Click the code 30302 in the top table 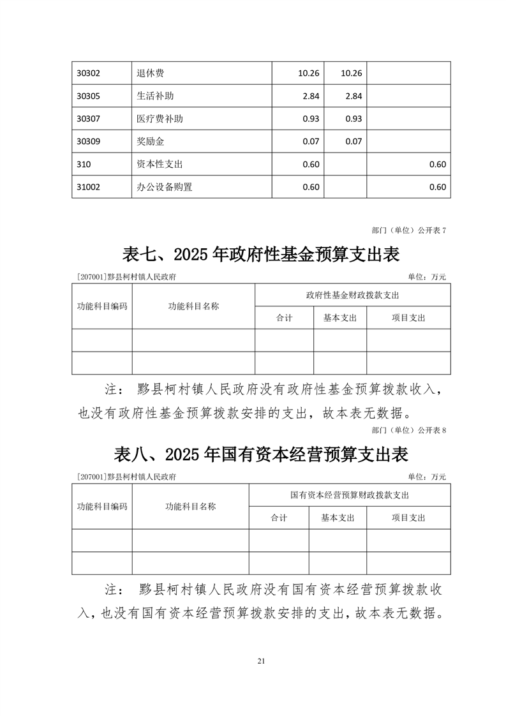[87, 73]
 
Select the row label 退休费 [151, 73]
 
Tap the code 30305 [87, 96]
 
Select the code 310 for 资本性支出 [83, 164]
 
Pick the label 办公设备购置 [164, 187]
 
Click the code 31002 [87, 187]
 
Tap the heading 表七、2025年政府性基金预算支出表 [261, 255]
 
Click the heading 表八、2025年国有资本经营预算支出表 [261, 454]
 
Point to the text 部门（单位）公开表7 [408, 230]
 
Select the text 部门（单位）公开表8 [408, 430]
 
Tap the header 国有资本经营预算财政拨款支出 [349, 495]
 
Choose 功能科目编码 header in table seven [102, 306]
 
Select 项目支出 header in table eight [408, 518]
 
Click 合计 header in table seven [284, 318]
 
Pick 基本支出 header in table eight [338, 518]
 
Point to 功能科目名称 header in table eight [190, 506]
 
